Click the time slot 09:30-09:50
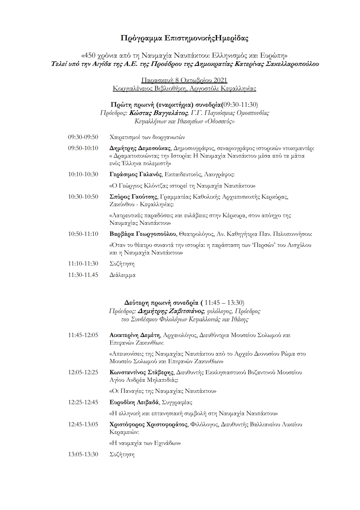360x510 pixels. pos(83,137)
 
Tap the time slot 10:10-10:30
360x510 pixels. pos(83,174)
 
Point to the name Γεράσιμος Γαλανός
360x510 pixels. pos(136,174)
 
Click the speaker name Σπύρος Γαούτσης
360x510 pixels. pos(133,197)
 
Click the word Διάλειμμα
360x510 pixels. pos(122,275)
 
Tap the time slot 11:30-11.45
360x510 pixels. pos(83,275)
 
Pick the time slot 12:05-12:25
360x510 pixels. pos(83,372)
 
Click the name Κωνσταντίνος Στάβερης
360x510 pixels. pos(142,372)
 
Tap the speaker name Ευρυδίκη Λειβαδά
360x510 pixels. pos(134,402)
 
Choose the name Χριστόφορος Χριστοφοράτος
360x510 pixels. pos(148,425)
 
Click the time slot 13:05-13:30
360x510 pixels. pos(83,454)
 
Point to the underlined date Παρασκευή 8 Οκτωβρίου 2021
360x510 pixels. pos(184,80)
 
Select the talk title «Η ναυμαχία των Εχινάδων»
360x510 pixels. pos(145,443)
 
